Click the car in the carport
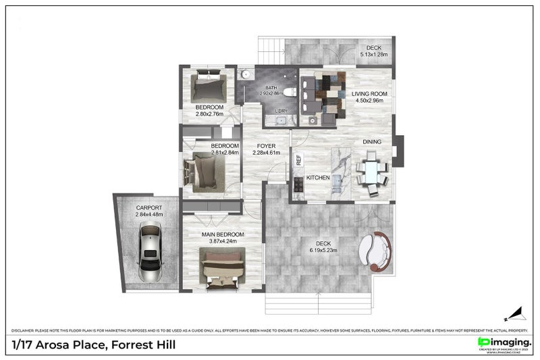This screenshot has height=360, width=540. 150,253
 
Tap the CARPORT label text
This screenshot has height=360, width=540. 149,207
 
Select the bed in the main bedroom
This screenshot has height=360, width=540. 223,268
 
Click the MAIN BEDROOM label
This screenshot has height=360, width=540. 223,234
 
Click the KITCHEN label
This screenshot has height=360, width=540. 318,178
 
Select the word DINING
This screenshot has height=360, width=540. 372,142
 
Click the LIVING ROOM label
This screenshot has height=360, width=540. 369,94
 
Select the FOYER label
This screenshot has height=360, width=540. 265,145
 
